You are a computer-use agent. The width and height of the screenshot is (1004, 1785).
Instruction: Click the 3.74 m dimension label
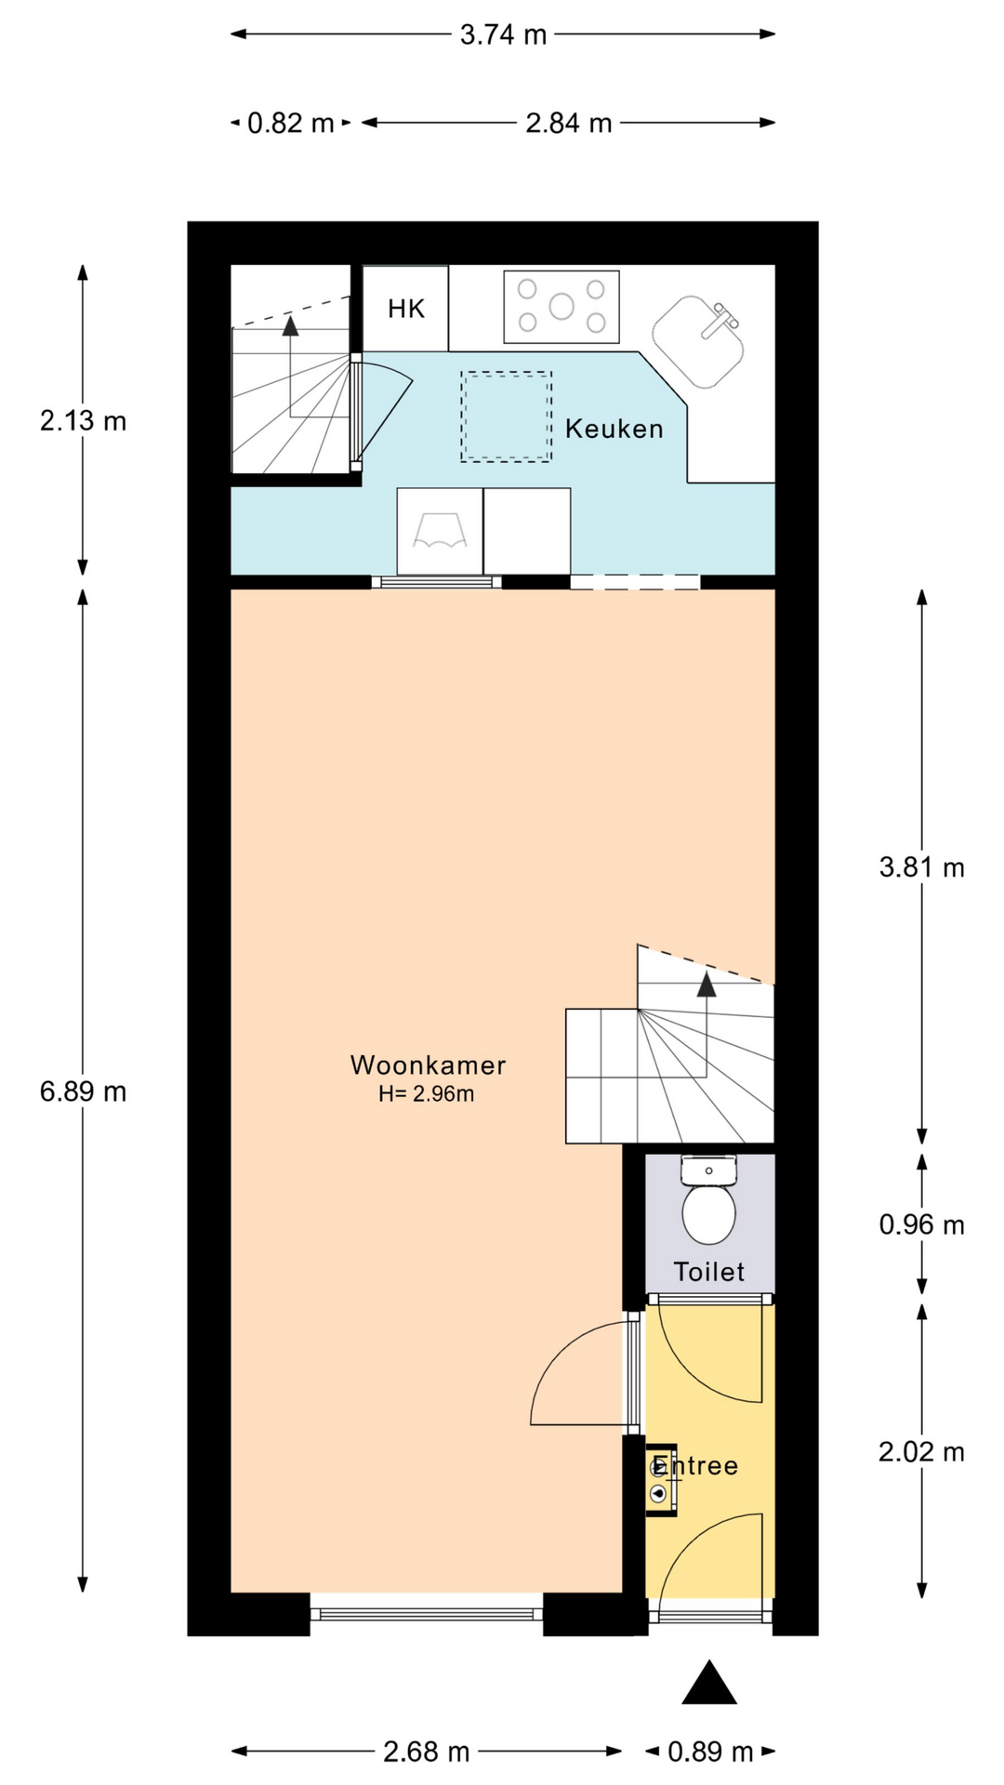coord(503,35)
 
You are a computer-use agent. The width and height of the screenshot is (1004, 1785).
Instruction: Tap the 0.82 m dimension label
coord(290,123)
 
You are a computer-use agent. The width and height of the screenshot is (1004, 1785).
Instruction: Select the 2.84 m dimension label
coord(569,123)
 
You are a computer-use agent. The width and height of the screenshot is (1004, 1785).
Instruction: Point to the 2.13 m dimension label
coord(83,421)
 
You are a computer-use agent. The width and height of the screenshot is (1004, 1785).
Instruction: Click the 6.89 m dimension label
coord(83,1091)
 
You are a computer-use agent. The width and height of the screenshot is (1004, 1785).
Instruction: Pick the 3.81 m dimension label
coord(922,867)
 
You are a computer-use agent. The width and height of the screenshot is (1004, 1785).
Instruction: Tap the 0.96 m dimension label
coord(922,1224)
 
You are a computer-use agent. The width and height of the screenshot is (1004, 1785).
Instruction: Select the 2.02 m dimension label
coord(922,1451)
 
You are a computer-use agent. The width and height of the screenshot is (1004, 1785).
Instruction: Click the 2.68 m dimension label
coord(427,1752)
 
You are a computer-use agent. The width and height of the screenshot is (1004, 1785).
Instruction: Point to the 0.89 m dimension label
coord(711,1752)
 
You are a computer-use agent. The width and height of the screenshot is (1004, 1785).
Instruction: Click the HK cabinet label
coord(406,309)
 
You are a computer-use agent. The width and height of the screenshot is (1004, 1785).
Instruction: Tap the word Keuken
coord(614,429)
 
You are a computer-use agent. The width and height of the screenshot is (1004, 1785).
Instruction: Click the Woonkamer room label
coord(429,1065)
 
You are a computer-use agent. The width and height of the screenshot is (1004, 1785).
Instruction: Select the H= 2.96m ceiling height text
coord(427,1094)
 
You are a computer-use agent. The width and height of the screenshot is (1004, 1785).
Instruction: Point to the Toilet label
coord(709,1272)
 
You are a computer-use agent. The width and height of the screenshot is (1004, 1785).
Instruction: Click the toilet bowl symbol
coord(709,1214)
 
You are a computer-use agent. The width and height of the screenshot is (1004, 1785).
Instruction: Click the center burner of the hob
coord(561,306)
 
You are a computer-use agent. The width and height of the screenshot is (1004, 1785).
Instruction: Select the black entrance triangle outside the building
coord(709,1682)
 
